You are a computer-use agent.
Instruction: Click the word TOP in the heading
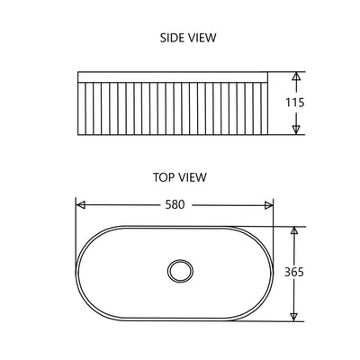(165, 177)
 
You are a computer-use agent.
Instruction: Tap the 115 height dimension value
(293, 103)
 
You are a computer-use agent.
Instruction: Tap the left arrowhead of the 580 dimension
(80, 205)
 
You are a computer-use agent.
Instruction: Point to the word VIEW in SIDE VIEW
(200, 38)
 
